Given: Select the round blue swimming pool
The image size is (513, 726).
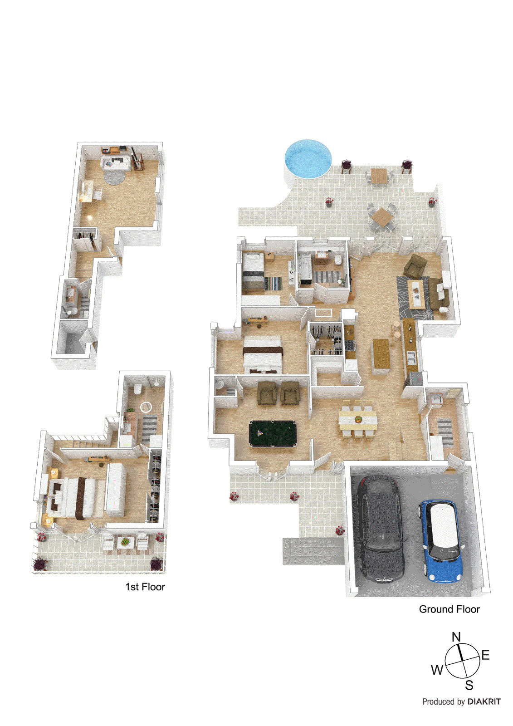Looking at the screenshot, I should (x=308, y=158).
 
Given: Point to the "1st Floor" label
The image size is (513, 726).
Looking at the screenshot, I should (x=145, y=587).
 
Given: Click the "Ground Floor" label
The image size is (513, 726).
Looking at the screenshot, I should (x=449, y=609).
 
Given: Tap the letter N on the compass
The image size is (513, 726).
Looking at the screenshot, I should (x=456, y=637).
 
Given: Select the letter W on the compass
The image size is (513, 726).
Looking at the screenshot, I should (x=437, y=670).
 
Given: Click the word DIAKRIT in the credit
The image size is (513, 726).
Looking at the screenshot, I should (x=484, y=701).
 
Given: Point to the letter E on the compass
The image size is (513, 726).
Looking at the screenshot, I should (x=485, y=655).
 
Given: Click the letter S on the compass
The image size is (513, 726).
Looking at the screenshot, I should (x=469, y=685).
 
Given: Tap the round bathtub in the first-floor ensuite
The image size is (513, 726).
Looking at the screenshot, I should (x=147, y=407).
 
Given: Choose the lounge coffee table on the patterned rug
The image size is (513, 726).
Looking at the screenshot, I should (x=416, y=293).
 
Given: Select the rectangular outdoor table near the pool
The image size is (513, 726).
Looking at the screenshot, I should (x=379, y=175).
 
